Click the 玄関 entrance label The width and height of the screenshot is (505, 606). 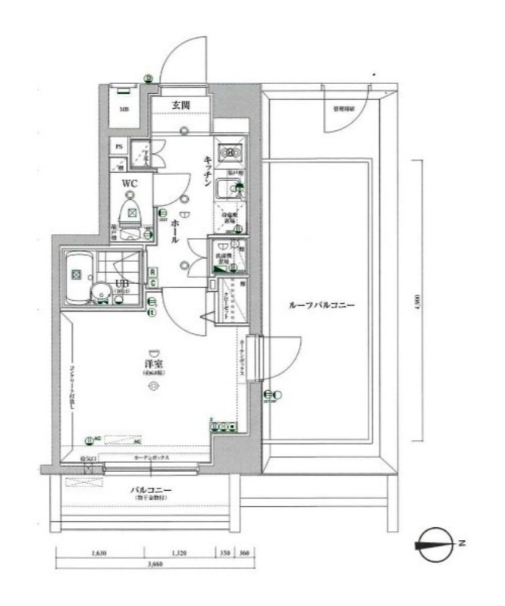[x=180, y=105]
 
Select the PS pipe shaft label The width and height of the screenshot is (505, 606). [x=118, y=146]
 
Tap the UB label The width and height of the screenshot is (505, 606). [x=121, y=283]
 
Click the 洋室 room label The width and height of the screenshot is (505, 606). [x=154, y=365]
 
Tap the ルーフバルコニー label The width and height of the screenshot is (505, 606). [x=322, y=306]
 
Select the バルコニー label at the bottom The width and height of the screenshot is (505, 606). [x=154, y=490]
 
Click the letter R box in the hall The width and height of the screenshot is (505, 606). [x=152, y=272]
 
